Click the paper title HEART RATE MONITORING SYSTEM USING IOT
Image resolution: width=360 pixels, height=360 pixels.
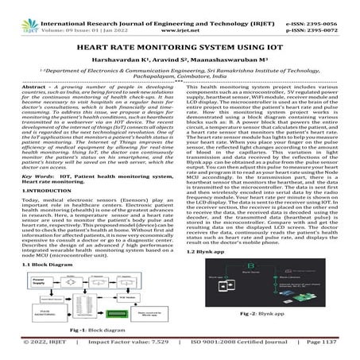180,48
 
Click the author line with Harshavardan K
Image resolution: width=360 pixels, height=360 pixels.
180,60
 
